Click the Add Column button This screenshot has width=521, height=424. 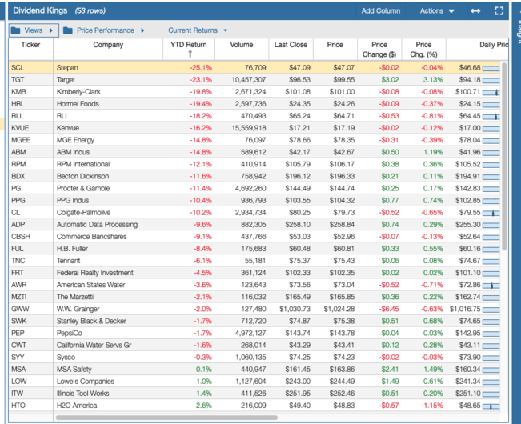point(380,11)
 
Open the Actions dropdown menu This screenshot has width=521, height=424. point(437,11)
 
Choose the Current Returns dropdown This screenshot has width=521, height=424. point(197,30)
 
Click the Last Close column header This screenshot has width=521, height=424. point(291,45)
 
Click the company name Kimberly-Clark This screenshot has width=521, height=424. point(78,92)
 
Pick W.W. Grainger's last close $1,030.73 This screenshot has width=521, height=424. point(293,309)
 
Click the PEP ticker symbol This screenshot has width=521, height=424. point(18,332)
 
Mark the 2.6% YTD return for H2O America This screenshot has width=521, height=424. point(203,406)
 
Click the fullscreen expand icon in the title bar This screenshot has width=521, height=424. point(499,11)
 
